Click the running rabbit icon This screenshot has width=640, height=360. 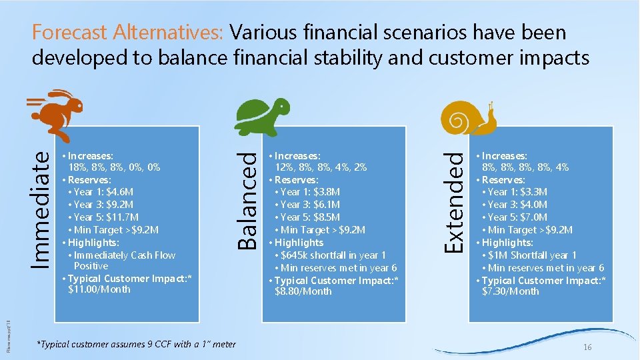pyautogui.click(x=57, y=115)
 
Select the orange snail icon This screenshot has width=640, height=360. pyautogui.click(x=469, y=118)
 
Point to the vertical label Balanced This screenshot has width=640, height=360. pyautogui.click(x=248, y=200)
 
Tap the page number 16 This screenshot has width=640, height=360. pyautogui.click(x=587, y=348)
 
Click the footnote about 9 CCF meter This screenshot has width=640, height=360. pyautogui.click(x=136, y=344)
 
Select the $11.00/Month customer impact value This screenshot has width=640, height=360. pyautogui.click(x=99, y=289)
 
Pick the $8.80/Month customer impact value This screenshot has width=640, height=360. pyautogui.click(x=303, y=291)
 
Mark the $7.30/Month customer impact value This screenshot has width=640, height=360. pyautogui.click(x=510, y=291)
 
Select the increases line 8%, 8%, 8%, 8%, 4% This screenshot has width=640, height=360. pyautogui.click(x=526, y=167)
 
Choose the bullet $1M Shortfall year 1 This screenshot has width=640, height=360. pyautogui.click(x=532, y=255)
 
